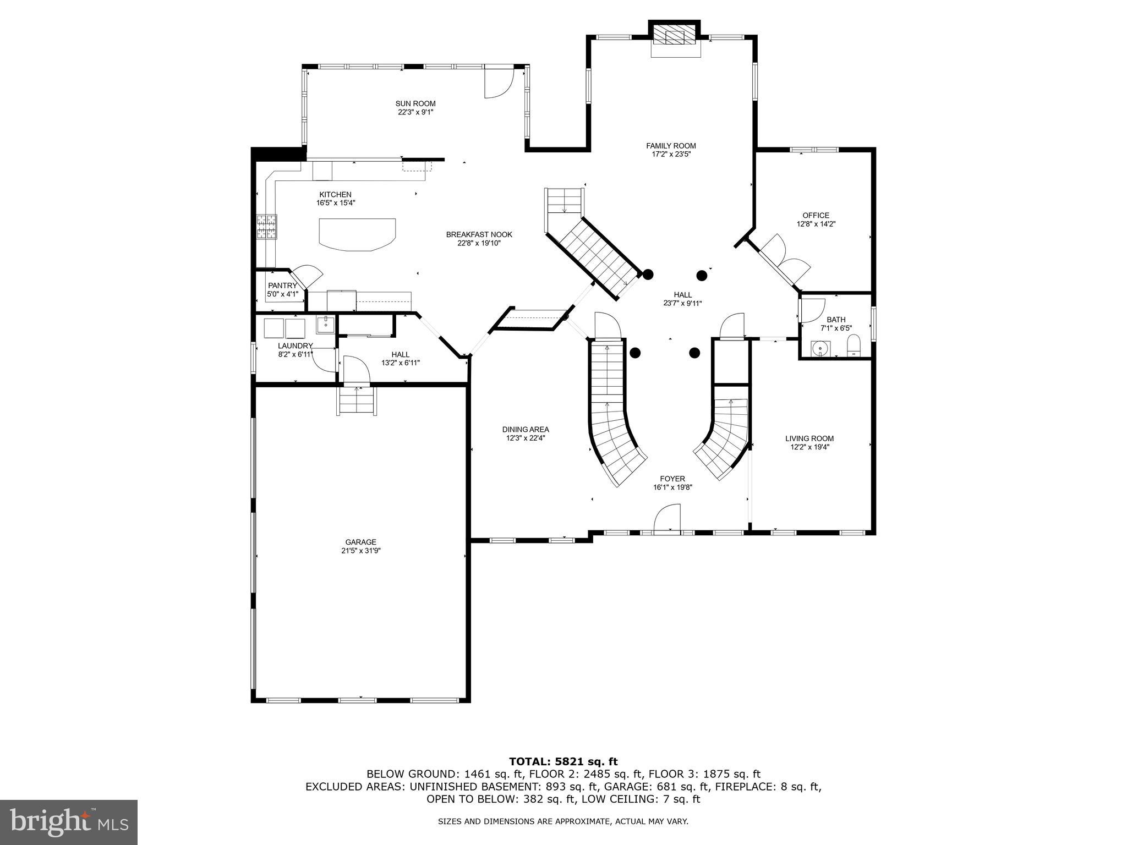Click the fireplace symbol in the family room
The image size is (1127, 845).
point(675,37)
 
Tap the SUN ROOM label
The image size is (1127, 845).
point(415,103)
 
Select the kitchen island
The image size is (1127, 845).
point(357,234)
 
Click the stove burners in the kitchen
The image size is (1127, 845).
point(266,227)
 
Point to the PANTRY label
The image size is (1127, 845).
point(282,286)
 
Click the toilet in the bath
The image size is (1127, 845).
point(854,347)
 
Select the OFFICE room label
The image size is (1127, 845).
point(816,216)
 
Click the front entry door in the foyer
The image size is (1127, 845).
point(667,519)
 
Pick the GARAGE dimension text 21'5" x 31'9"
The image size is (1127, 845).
point(360,551)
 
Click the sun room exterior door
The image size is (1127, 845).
point(498,83)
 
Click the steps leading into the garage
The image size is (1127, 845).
point(357,401)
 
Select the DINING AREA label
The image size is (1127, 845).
point(526,430)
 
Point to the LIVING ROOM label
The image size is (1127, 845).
point(809,438)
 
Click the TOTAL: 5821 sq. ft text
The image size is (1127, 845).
point(563,761)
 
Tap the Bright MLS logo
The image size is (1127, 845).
point(69,822)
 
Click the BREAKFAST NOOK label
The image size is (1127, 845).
point(479,235)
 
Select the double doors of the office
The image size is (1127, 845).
point(781,259)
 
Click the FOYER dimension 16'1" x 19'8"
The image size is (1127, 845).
point(672,487)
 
